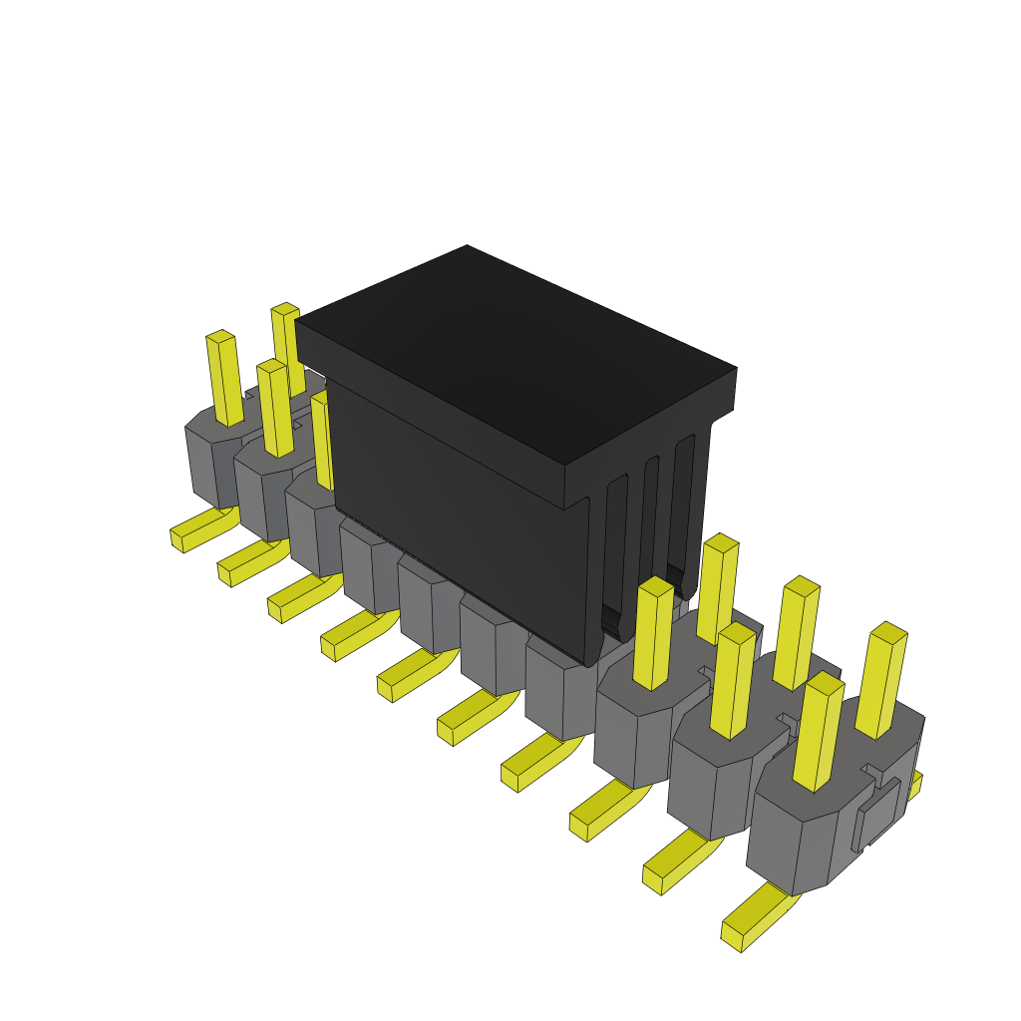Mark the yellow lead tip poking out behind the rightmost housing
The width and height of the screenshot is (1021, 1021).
pyautogui.click(x=913, y=785)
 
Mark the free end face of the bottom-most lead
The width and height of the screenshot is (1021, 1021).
pyautogui.click(x=732, y=936)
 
